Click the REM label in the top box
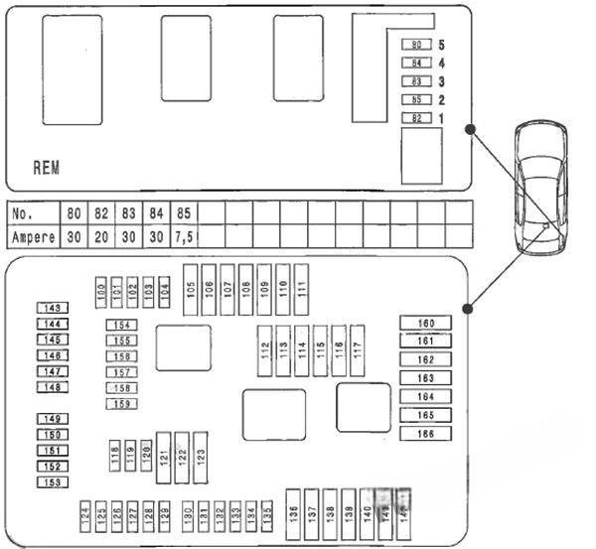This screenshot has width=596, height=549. (47, 168)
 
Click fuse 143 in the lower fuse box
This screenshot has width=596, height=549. (53, 309)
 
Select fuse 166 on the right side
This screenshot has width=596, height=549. (425, 434)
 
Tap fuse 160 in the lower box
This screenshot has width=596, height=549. (425, 324)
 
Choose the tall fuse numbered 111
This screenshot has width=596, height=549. (301, 289)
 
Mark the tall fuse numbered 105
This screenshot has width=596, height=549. (191, 289)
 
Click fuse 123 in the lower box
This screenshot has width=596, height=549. (201, 457)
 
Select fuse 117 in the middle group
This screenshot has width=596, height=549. (358, 350)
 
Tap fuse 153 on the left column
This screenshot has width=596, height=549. (53, 482)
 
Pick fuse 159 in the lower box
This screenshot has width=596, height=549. (121, 404)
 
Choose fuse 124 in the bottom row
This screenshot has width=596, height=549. (85, 514)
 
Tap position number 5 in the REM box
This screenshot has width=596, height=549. (441, 45)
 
